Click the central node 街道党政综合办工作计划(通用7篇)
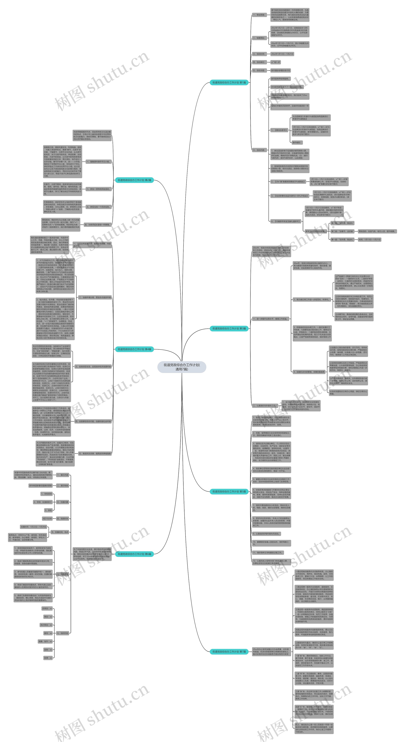pyautogui.click(x=182, y=367)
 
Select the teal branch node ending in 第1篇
pyautogui.click(x=229, y=82)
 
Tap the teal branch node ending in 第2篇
pyautogui.click(x=134, y=180)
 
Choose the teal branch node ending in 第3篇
pyautogui.click(x=229, y=328)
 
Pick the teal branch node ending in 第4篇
pyautogui.click(x=134, y=349)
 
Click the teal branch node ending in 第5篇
pyautogui.click(x=229, y=491)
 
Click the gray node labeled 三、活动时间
pyautogui.click(x=259, y=54)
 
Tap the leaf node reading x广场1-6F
pyautogui.click(x=275, y=62)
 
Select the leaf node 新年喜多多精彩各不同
pyautogui.click(x=280, y=70)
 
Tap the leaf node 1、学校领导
pyautogui.click(x=46, y=494)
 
